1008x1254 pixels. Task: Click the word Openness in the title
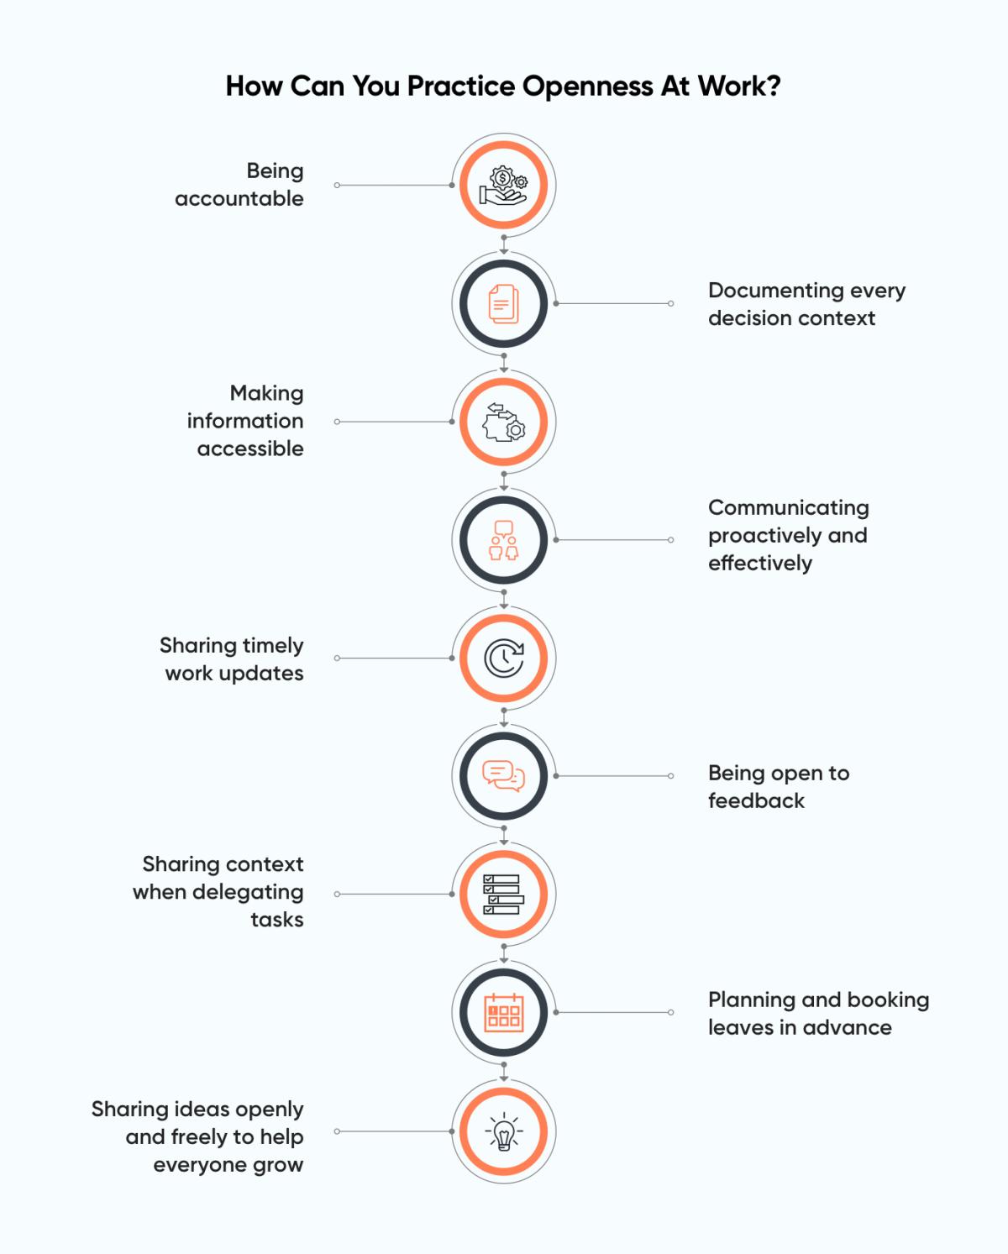coord(588,87)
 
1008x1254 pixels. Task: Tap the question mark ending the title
coord(774,86)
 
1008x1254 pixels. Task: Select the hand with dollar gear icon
coord(504,186)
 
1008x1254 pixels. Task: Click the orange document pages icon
coord(504,303)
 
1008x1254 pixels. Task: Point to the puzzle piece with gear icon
coord(504,422)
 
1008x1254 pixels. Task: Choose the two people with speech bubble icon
coord(504,540)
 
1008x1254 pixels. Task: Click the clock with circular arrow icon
coord(504,658)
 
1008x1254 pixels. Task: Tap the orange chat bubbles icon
coord(504,776)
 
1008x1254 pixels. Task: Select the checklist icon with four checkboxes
coord(504,895)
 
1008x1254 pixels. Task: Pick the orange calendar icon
coord(504,1013)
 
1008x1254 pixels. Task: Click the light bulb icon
coord(504,1131)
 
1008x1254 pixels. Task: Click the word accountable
coord(239,199)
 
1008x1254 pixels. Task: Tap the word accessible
coord(250,449)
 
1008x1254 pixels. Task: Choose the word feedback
coord(756,801)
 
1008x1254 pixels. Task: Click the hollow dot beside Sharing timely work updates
coord(337,658)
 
